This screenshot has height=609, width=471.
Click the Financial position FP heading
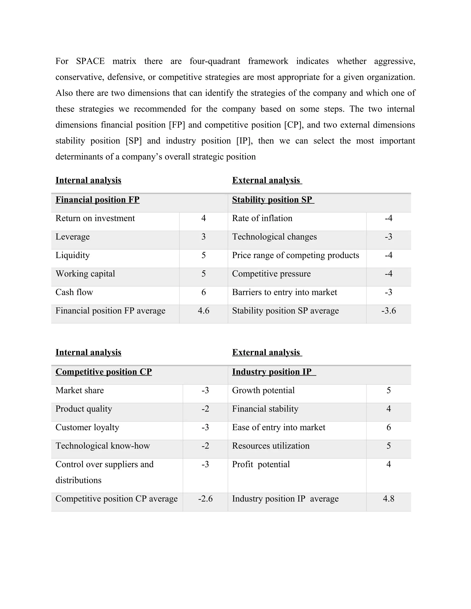point(97,200)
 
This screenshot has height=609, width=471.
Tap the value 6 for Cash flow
point(203,292)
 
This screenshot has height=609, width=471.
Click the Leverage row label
point(72,237)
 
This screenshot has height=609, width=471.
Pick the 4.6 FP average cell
point(203,311)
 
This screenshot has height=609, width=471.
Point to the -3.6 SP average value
point(388,311)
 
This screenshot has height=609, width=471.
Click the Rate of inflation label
point(262,218)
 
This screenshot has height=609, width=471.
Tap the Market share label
point(80,390)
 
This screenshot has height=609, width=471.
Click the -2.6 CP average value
point(205,499)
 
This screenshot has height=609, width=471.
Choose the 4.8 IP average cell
point(388,499)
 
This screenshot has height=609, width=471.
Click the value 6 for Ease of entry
point(388,427)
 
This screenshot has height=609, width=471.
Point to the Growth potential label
point(263,390)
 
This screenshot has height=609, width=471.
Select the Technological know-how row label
point(103,446)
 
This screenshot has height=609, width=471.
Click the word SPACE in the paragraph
point(90,61)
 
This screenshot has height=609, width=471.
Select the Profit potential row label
point(261,464)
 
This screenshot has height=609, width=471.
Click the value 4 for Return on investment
point(203,218)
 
